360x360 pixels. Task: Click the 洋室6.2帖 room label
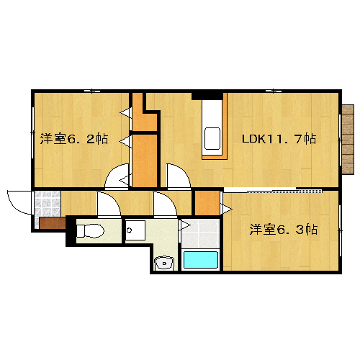pyautogui.click(x=74, y=139)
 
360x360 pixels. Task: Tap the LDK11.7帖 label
pyautogui.click(x=279, y=139)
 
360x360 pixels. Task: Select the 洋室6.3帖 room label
pyautogui.click(x=284, y=230)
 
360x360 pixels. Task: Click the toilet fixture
pyautogui.click(x=90, y=231)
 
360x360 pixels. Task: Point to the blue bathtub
pyautogui.click(x=201, y=260)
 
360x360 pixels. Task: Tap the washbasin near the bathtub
pyautogui.click(x=164, y=264)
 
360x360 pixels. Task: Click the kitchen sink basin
pyautogui.click(x=212, y=139)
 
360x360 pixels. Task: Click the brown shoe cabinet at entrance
pyautogui.click(x=53, y=223)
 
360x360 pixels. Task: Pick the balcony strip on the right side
pyautogui.click(x=348, y=139)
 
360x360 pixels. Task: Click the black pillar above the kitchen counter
pyautogui.click(x=207, y=96)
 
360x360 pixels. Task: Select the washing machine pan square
pyautogui.click(x=135, y=230)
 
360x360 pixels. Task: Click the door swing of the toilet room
pyautogui.click(x=109, y=204)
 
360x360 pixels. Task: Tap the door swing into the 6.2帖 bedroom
pyautogui.click(x=117, y=175)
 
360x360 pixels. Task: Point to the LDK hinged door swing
pyautogui.click(x=179, y=175)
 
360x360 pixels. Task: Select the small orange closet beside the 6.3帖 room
pyautogui.click(x=207, y=203)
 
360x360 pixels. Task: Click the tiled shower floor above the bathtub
pyautogui.click(x=200, y=233)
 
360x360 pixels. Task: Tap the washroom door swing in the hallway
pyautogui.click(x=166, y=204)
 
